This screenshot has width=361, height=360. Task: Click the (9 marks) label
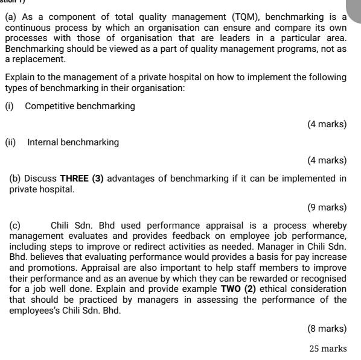point(327,207)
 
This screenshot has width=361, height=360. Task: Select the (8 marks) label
point(327,329)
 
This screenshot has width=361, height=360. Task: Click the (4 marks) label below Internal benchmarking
point(327,160)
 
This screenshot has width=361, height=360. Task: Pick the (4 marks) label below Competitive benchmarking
point(327,124)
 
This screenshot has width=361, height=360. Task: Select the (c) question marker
point(15,226)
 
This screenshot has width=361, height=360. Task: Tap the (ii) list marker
point(10,142)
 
